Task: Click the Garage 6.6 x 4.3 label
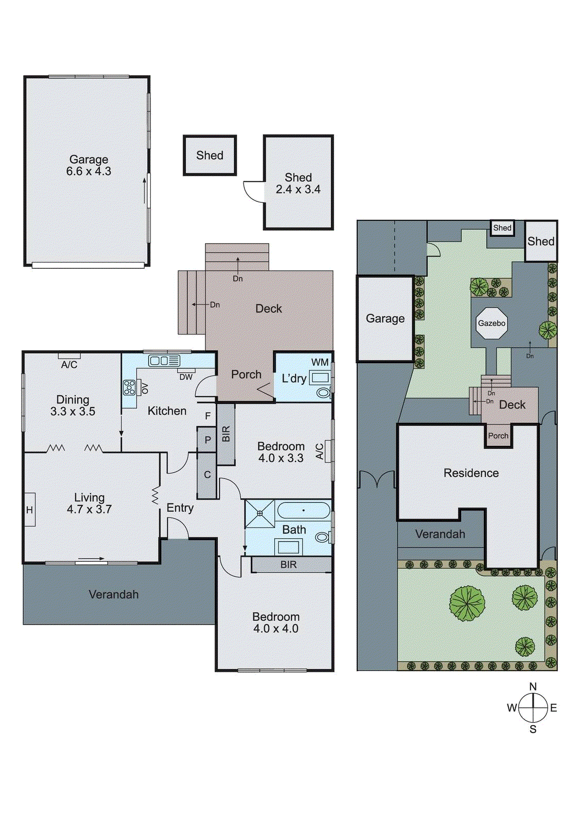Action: (x=89, y=165)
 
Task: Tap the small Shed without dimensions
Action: (x=210, y=156)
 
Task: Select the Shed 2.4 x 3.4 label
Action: (x=298, y=183)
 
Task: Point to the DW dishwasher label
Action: (x=186, y=377)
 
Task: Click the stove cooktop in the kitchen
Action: (x=129, y=387)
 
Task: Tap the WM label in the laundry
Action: (x=320, y=362)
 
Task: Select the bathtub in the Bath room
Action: (x=304, y=510)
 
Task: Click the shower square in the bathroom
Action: (x=260, y=513)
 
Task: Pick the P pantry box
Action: (x=207, y=440)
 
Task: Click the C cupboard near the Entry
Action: (x=207, y=475)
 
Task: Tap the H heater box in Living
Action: (x=29, y=510)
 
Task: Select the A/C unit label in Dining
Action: (x=69, y=365)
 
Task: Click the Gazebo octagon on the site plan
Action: (x=491, y=323)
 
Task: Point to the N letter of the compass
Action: (x=533, y=686)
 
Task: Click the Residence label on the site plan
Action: (x=471, y=473)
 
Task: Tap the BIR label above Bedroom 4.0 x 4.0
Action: (x=289, y=564)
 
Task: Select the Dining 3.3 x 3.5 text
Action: (x=73, y=405)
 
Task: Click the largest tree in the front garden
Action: (x=467, y=603)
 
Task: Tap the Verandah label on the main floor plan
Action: (x=114, y=594)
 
